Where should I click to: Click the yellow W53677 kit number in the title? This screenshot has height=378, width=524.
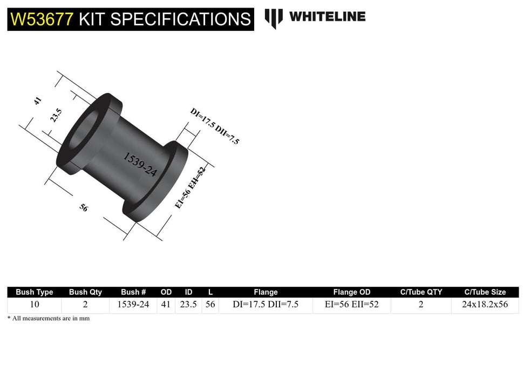tap(42, 19)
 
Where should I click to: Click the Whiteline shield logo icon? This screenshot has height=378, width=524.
tap(274, 18)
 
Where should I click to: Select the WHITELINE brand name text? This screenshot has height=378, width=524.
tap(327, 17)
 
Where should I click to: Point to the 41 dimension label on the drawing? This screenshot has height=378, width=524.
tap(38, 101)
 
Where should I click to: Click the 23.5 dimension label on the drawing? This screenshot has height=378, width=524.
tap(56, 116)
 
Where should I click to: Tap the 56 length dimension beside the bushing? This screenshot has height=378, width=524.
tap(84, 208)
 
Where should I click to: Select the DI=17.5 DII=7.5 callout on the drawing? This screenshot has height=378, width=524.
tap(214, 126)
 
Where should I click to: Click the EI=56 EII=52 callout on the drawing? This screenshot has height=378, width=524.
tap(190, 187)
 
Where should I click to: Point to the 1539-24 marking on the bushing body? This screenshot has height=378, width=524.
tap(140, 165)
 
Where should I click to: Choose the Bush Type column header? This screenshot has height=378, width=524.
tap(35, 292)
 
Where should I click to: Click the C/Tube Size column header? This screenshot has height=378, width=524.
tap(485, 292)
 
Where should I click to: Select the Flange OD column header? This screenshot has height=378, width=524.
tap(351, 292)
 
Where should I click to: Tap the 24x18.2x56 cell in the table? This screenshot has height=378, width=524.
tap(485, 305)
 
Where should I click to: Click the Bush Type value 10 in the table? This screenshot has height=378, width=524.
tap(35, 305)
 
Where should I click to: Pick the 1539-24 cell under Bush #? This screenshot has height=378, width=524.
tap(133, 305)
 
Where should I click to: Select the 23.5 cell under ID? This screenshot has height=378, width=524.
tap(188, 305)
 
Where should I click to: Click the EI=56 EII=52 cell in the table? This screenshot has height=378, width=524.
tap(351, 305)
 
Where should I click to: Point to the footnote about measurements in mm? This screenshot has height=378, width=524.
tap(49, 319)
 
